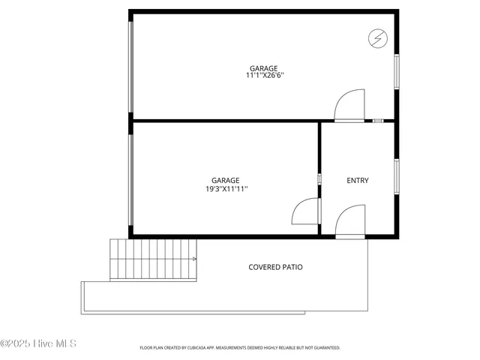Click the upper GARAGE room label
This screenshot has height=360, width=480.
pos(264,67)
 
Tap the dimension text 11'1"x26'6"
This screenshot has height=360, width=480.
pos(264,75)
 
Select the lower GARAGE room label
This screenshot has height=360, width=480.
pos(225,180)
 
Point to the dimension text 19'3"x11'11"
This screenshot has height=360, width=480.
pos(226,189)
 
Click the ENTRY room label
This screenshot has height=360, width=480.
pos(358,180)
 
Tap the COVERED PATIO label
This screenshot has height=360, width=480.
pos(275,267)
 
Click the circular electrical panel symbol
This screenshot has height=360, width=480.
pos(377,37)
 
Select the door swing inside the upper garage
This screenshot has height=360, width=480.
pos(349,105)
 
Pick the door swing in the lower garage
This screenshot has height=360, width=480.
pos(305,211)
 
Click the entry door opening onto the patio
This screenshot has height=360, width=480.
pos(350,222)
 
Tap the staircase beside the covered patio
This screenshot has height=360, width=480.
pos(154,259)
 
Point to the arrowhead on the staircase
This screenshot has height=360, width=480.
pos(195,259)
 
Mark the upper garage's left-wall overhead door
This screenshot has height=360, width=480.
pos(130,67)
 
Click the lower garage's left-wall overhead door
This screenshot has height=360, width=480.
pos(130,180)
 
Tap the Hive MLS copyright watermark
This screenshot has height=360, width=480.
pos(39,343)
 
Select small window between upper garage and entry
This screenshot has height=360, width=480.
pos(378,120)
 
